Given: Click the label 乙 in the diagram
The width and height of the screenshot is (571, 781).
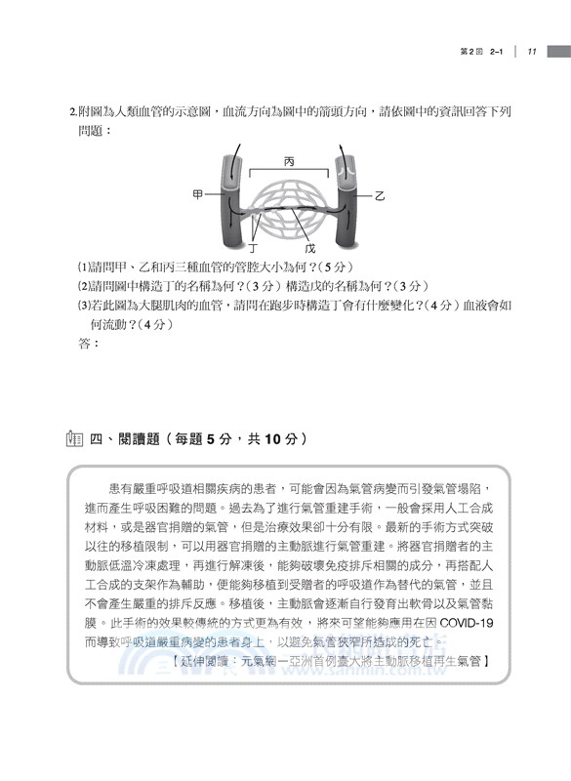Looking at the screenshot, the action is (x=381, y=196).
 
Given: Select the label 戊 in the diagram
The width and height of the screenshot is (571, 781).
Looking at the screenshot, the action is (x=310, y=249).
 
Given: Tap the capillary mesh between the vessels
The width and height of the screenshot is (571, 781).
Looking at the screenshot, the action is (x=290, y=207).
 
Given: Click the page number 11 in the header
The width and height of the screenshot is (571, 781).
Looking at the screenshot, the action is (x=531, y=52).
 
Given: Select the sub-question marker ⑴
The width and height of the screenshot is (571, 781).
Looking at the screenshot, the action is (x=82, y=267).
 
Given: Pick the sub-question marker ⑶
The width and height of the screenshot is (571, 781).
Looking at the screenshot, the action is (x=82, y=305).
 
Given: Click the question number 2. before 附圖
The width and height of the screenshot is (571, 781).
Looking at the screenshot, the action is (x=73, y=112).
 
